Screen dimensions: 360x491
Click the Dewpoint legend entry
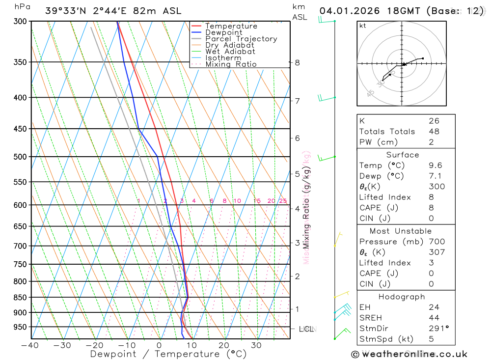223,32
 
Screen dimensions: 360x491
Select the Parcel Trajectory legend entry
241,39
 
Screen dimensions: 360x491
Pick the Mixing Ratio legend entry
231,64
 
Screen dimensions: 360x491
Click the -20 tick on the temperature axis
95,345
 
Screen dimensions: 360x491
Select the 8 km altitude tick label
297,63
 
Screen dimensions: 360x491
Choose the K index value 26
434,121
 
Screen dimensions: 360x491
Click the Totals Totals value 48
434,132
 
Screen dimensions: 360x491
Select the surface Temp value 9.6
435,166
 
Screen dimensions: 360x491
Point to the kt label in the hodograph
363,26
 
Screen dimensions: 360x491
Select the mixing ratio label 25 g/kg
283,201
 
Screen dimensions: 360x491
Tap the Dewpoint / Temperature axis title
168,354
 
